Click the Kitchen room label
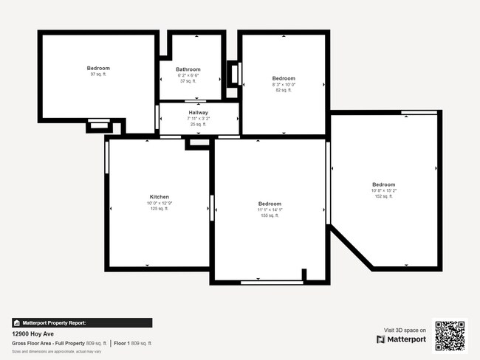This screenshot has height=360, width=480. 160,197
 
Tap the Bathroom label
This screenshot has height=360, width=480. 188,69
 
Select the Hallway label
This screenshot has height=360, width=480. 198,112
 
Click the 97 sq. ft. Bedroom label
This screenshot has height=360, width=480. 99,68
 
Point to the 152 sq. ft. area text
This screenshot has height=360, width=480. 384,196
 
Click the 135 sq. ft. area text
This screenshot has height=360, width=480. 269,215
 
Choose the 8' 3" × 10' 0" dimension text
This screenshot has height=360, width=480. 284,84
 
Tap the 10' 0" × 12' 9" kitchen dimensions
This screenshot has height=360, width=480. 160,203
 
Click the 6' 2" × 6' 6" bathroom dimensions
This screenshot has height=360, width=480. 188,75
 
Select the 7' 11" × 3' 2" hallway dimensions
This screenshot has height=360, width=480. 198,118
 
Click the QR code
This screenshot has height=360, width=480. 450,336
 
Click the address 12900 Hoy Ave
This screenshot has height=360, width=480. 32,333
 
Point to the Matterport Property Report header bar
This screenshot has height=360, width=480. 82,322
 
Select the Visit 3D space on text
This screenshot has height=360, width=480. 405,330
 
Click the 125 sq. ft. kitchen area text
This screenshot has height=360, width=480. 160,209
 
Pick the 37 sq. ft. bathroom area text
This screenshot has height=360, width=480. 188,81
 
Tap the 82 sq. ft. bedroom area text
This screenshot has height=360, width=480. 284,90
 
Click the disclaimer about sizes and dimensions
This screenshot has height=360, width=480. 56,351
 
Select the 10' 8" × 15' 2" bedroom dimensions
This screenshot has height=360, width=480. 384,190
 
